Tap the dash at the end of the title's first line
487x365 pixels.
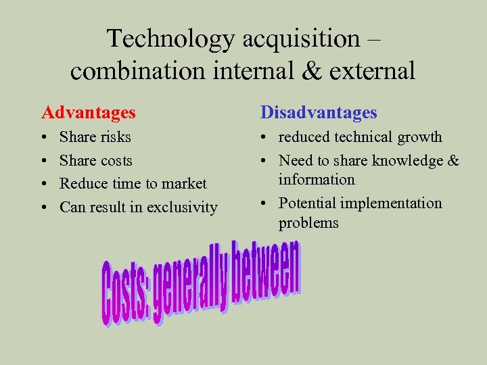tap(373, 40)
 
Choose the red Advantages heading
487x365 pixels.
tap(89, 112)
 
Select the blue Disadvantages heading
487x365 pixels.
tap(319, 112)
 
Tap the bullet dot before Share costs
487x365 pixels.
tap(44, 161)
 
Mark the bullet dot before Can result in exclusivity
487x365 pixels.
tap(44, 208)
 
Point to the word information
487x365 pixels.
tap(317, 180)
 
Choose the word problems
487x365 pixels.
tap(308, 223)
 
